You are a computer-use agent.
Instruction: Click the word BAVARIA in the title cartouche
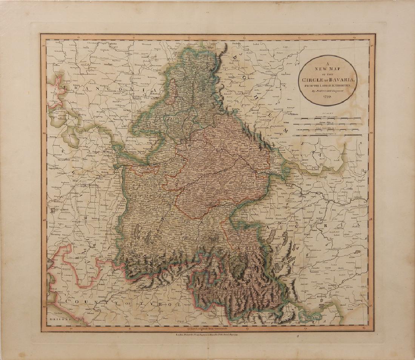340,79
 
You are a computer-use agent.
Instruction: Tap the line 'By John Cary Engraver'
326,91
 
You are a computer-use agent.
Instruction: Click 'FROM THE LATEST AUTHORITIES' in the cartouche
326,86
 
